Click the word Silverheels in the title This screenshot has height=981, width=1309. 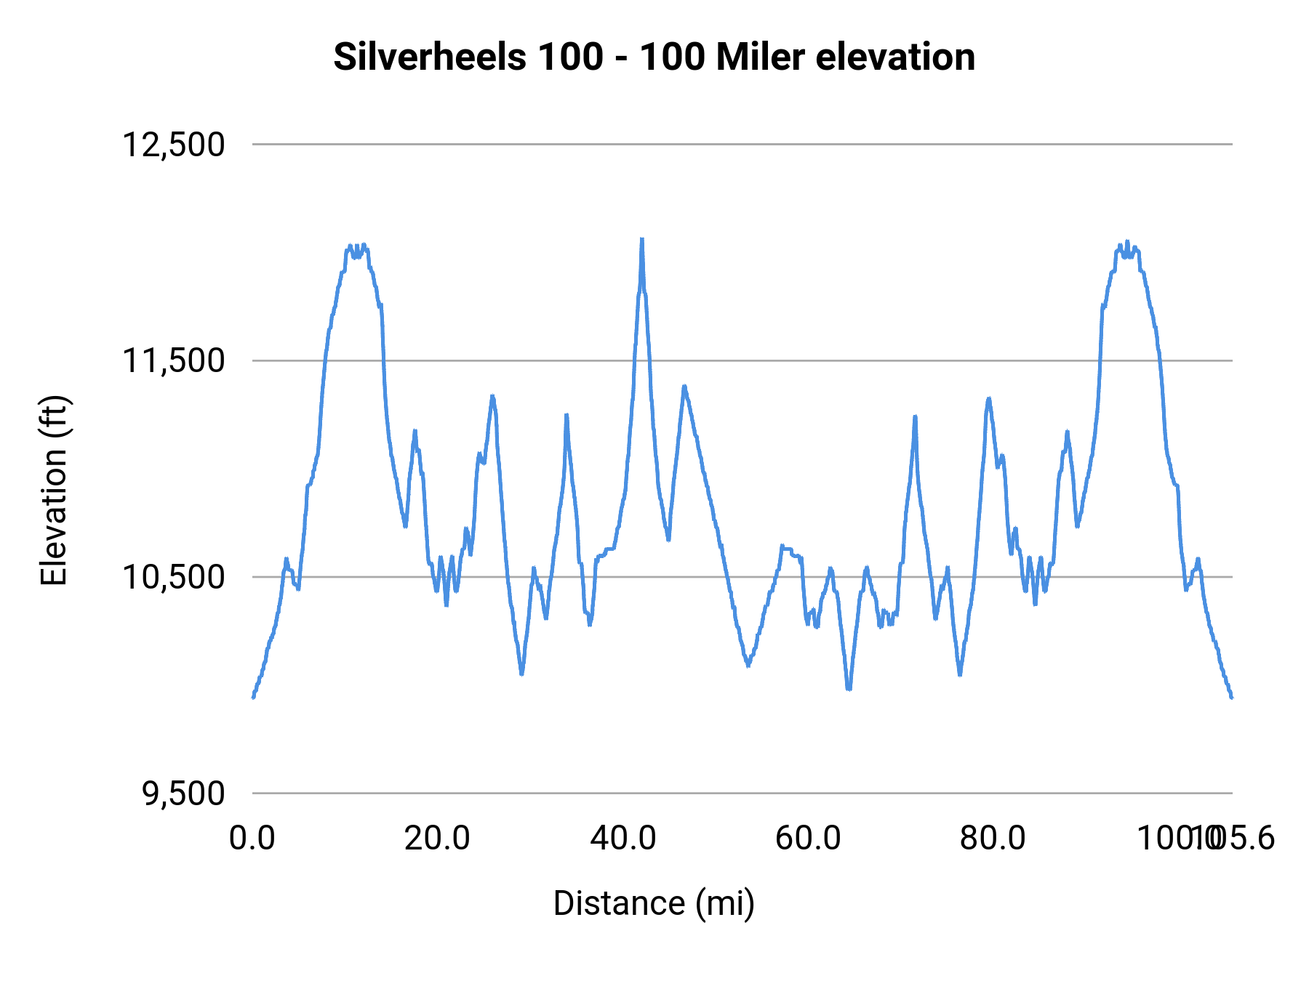431,57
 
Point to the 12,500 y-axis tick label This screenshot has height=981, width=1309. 173,145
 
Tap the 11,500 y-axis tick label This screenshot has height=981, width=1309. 173,360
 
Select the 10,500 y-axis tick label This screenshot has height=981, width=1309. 173,577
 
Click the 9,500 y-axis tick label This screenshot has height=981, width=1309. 183,794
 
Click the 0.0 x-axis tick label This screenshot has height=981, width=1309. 252,839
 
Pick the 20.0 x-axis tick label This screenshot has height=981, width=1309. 437,839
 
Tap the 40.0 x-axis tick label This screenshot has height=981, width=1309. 623,839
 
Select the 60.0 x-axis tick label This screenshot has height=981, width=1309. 808,839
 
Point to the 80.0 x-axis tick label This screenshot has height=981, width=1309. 993,839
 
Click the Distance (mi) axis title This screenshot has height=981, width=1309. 654,903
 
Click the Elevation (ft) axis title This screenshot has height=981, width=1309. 54,490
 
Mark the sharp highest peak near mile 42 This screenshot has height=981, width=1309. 641,240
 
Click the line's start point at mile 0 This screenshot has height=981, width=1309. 253,698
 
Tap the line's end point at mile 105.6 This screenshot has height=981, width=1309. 1232,698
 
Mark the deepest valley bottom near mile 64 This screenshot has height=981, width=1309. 849,688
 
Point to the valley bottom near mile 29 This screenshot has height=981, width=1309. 522,674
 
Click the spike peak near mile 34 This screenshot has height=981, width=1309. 566,415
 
